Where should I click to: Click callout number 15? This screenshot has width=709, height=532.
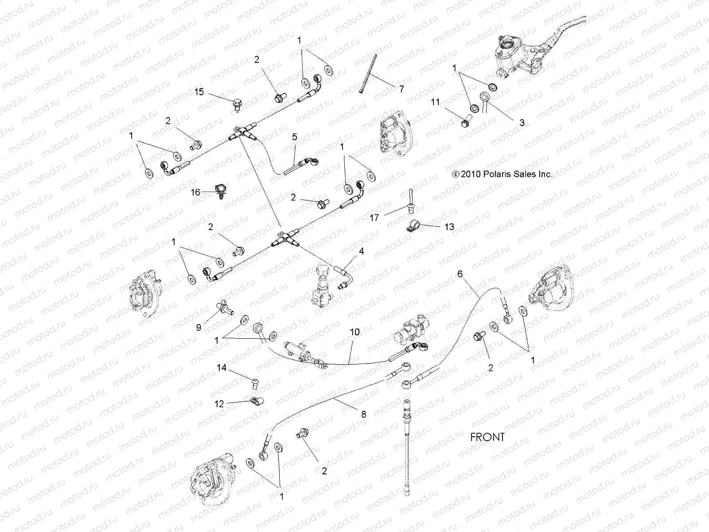tap(199, 92)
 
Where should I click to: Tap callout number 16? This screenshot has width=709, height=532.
tap(195, 192)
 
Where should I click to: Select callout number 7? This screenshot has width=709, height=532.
tap(401, 89)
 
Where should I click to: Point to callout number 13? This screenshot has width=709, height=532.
tap(449, 227)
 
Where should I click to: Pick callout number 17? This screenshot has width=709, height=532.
tap(374, 218)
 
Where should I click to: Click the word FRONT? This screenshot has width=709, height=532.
tap(487, 437)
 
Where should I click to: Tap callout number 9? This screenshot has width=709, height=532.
tap(199, 327)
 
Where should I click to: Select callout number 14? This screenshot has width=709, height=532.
tap(222, 368)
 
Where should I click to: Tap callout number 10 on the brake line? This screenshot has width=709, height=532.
tap(354, 332)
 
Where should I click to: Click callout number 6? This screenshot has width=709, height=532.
tap(460, 274)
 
